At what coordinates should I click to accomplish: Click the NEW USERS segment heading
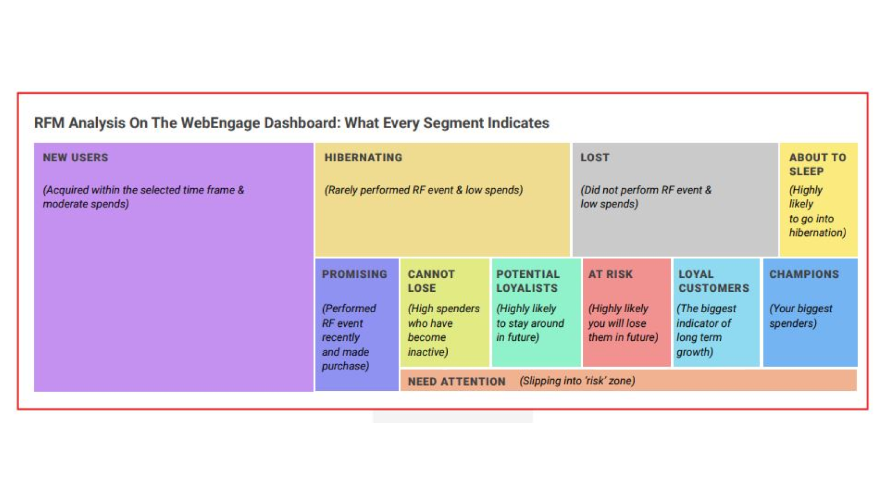tap(75, 157)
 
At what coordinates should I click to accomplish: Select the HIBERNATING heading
tap(363, 157)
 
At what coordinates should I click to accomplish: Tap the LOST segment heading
tap(594, 157)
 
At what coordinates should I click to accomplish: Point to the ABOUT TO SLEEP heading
tap(817, 164)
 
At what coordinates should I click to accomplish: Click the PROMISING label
tap(354, 274)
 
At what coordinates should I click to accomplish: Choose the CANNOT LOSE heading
tap(431, 281)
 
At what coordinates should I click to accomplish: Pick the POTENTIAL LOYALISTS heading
tap(528, 281)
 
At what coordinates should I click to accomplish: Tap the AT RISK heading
tap(610, 274)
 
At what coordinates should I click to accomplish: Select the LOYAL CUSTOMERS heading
tap(713, 281)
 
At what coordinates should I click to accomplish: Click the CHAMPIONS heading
tap(803, 274)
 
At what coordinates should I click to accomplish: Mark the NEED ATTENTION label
tap(456, 382)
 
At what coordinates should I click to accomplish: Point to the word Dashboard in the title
tap(302, 123)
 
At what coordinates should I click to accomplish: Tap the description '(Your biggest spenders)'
tap(801, 316)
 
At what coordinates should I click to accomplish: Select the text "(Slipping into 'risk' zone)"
tap(577, 381)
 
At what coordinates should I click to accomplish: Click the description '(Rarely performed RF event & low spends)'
tap(423, 190)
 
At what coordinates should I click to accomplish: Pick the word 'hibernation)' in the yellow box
tap(817, 232)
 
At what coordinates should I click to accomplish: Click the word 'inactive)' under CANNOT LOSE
tap(427, 352)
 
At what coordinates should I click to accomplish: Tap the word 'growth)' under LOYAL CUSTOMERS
tap(694, 352)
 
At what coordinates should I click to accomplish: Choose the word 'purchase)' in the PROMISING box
tap(345, 366)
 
